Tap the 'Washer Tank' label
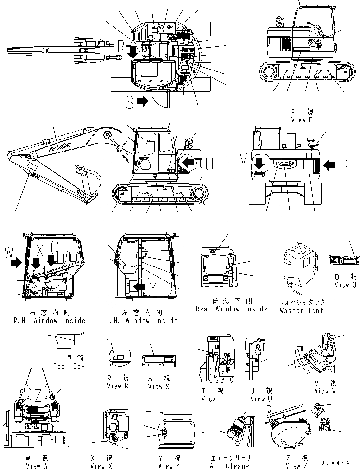(302, 311)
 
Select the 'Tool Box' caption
(69, 366)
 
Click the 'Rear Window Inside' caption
(231, 309)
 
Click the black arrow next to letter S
(142, 101)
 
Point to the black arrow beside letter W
(16, 263)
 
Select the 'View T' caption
(209, 399)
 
